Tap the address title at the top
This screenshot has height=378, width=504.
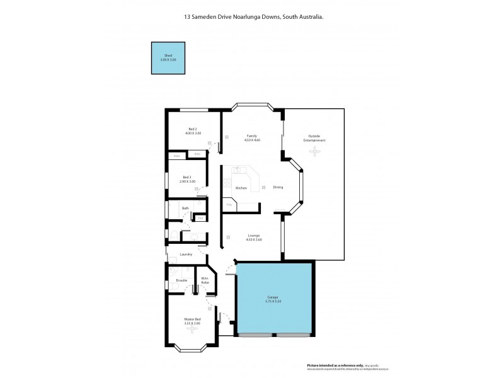click(x=252, y=18)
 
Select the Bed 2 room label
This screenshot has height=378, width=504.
click(x=193, y=129)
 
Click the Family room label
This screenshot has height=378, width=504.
click(x=251, y=136)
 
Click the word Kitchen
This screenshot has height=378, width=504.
click(x=241, y=188)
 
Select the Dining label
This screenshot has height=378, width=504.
click(x=278, y=187)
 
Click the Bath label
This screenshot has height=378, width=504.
click(x=185, y=209)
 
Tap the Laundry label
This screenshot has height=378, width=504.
click(x=185, y=255)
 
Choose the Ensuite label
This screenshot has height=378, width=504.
click(x=181, y=280)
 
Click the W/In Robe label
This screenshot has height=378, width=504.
click(x=205, y=280)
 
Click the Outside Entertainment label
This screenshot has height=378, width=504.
click(x=314, y=138)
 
